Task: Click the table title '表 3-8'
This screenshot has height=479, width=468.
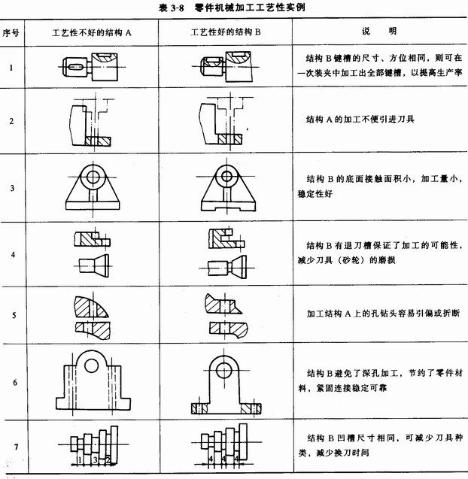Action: (x=172, y=8)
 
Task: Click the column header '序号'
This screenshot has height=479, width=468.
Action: (x=11, y=32)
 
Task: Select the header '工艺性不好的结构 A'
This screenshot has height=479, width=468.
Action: (x=91, y=32)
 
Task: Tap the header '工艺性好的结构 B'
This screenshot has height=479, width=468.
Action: (x=226, y=32)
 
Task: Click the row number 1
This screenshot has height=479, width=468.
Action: (x=11, y=68)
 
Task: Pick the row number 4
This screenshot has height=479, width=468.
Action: (x=13, y=254)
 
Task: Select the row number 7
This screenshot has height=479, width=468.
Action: (x=17, y=447)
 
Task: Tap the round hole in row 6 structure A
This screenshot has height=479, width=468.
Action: (x=91, y=365)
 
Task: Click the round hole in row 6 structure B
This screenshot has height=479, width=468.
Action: (x=224, y=370)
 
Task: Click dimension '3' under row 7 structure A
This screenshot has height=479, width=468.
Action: (x=95, y=459)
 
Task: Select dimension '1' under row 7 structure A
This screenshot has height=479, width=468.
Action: (x=80, y=459)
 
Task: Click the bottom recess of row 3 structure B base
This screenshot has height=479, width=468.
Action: (x=228, y=209)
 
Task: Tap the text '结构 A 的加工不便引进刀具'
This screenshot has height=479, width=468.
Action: (x=360, y=119)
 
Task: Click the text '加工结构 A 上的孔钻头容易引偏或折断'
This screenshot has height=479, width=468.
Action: (x=383, y=313)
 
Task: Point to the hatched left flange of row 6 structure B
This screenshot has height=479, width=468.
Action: (x=199, y=409)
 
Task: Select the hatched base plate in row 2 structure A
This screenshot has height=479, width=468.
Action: (x=98, y=141)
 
